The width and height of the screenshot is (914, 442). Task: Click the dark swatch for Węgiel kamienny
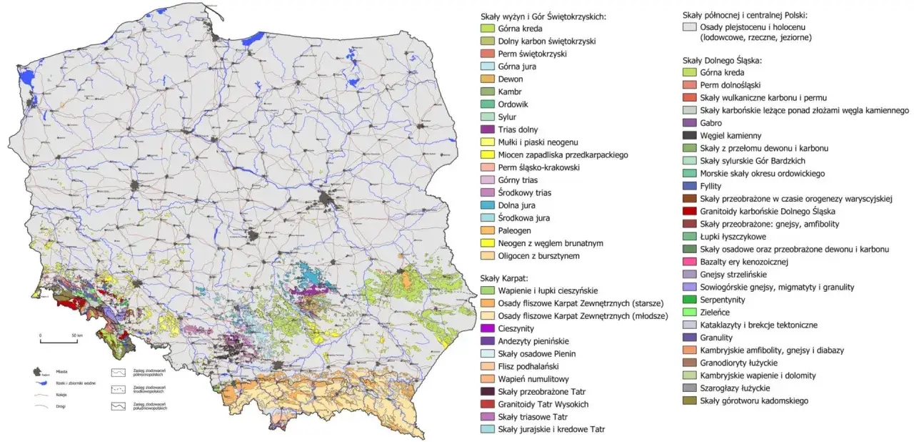pos(689,135)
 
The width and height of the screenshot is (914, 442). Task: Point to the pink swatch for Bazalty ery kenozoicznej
pos(689,262)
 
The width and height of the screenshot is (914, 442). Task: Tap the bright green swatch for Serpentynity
pos(689,300)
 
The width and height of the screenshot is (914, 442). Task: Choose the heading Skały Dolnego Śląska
pos(722,59)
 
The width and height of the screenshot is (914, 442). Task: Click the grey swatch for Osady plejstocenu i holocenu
pos(689,28)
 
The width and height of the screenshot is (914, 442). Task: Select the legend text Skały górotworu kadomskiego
pos(754,401)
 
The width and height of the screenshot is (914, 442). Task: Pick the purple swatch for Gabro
pos(689,123)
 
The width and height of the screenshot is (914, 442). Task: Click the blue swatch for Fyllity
pos(689,186)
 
